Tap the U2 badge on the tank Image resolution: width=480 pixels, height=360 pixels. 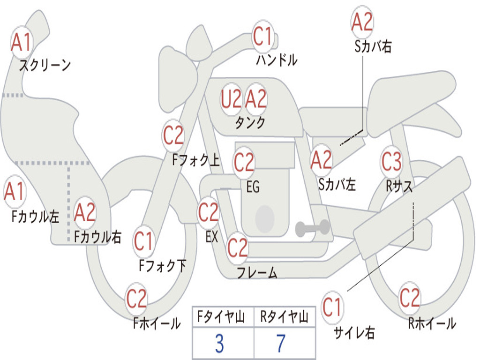[232, 99]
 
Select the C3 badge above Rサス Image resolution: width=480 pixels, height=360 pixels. [391, 161]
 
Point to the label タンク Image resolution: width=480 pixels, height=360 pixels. [250, 123]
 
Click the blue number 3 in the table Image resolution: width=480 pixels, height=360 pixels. [219, 344]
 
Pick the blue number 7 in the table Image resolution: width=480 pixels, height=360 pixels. [281, 344]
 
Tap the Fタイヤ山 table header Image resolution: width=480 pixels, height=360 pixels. [221, 317]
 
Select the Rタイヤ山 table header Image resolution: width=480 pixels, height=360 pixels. [285, 317]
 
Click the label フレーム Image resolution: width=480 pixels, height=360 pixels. [257, 272]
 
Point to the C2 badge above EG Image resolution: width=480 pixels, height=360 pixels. [244, 162]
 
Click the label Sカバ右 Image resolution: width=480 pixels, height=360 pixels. [373, 46]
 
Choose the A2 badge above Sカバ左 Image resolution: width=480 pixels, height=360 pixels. [321, 160]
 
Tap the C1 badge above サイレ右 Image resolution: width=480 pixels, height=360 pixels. [332, 307]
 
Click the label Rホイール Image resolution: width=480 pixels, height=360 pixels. [432, 323]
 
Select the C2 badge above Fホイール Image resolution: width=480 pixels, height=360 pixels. [136, 299]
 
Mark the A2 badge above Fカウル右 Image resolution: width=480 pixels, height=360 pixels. [85, 213]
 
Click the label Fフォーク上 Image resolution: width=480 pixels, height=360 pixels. [196, 160]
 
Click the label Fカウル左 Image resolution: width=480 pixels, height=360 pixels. [35, 217]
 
